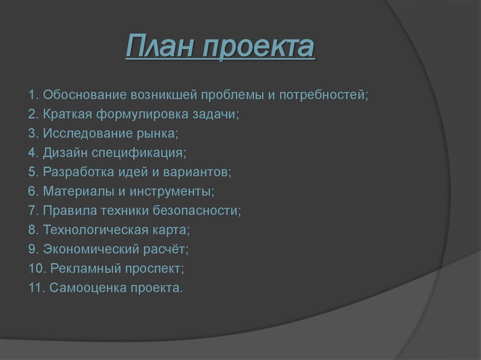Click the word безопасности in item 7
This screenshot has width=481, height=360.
196,211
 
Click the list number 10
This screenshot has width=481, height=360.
36,268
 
